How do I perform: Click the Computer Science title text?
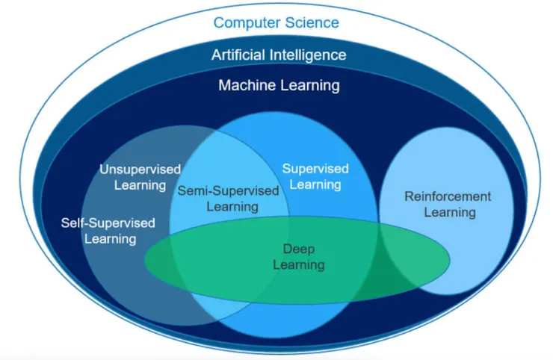(276, 22)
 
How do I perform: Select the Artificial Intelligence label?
(278, 55)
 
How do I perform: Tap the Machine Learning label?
(278, 85)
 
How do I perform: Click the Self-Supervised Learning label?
(109, 231)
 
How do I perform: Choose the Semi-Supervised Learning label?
(228, 198)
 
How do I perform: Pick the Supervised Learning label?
(315, 176)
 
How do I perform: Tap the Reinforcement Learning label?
(448, 204)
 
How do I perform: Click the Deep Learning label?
(299, 256)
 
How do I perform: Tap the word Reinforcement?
(448, 196)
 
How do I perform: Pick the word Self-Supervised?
(109, 223)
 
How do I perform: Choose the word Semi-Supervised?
(228, 190)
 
